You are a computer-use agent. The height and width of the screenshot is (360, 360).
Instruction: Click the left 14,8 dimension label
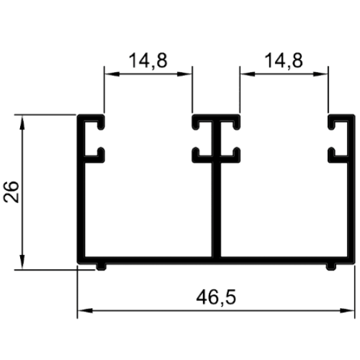pos(148,60)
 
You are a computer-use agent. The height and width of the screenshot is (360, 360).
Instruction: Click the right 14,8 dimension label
pos(283,60)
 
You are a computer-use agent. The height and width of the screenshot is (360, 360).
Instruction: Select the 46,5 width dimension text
pos(216,298)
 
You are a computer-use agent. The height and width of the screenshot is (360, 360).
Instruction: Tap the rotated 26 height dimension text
pos(11,192)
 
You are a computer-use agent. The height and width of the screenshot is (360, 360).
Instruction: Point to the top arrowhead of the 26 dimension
pos(22,123)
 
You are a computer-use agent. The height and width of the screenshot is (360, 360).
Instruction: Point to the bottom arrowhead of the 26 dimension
pos(22,261)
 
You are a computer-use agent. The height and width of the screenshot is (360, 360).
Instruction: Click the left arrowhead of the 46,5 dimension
pos(85,311)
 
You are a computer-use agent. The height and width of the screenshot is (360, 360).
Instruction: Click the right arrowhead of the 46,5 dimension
pos(346,311)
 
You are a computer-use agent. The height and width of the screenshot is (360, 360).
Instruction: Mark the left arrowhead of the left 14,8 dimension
pos(112,74)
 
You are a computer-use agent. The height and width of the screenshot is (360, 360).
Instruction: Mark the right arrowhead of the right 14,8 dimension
pos(320,74)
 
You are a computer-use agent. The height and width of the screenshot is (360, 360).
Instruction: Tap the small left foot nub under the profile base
pos(101,267)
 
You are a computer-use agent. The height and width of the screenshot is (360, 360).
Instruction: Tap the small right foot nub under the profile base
pos(331,267)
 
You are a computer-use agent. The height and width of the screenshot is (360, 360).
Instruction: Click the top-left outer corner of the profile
pos(77,115)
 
